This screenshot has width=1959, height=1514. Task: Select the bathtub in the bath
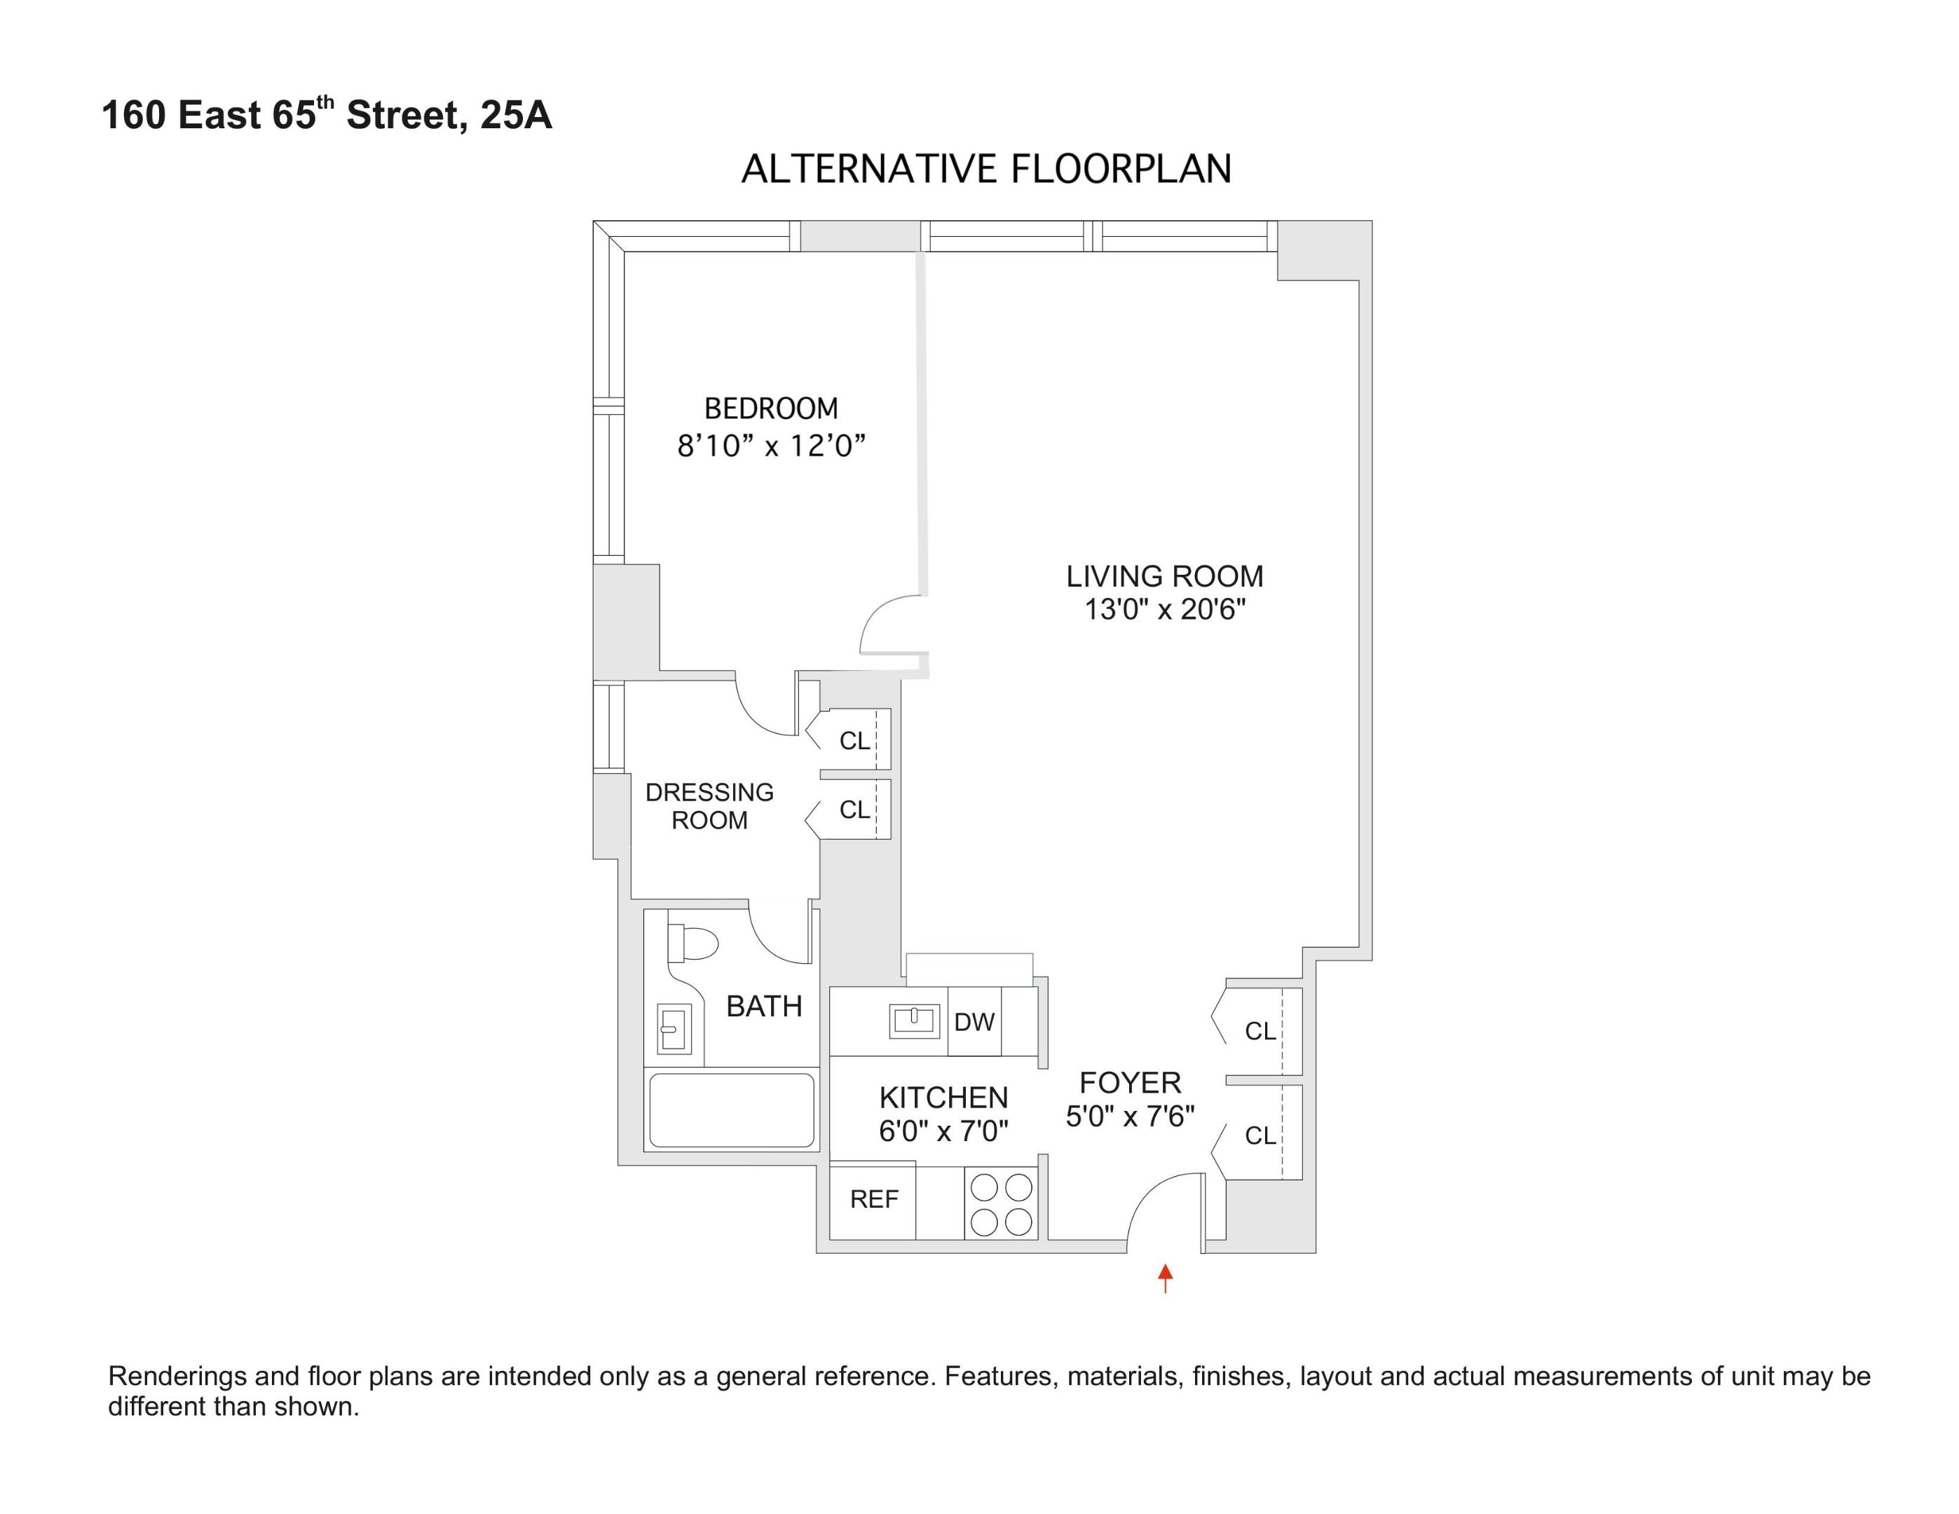731,1110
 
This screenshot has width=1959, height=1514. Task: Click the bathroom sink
674,1028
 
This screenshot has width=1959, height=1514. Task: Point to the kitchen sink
913,1021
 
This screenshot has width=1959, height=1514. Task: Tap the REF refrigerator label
873,1199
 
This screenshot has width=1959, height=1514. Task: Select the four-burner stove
1001,1205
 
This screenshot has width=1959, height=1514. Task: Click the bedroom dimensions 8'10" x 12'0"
770,446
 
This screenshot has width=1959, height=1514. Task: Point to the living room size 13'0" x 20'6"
1164,610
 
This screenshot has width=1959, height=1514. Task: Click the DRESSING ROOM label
709,805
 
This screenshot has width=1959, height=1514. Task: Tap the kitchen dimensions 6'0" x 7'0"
943,1132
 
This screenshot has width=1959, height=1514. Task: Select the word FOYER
1129,1083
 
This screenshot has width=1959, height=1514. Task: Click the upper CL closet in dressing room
854,741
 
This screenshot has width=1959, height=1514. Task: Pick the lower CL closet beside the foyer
1260,1135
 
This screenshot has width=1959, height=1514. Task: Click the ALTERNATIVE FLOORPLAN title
985,170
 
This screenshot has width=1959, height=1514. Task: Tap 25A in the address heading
516,116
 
